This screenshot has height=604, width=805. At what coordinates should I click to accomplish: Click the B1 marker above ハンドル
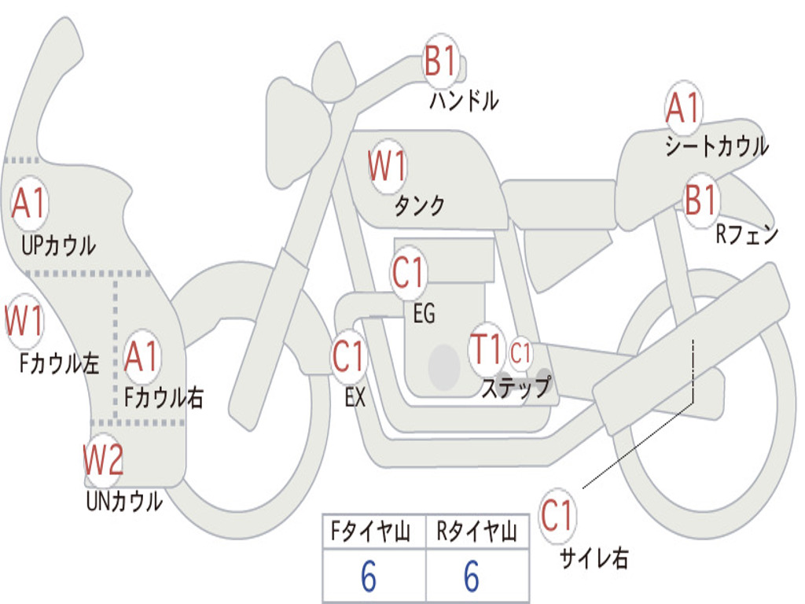pyautogui.click(x=440, y=60)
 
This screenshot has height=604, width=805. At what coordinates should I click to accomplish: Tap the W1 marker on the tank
pyautogui.click(x=388, y=166)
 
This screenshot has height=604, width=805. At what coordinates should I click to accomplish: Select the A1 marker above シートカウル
pyautogui.click(x=683, y=107)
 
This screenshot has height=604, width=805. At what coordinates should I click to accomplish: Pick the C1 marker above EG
pyautogui.click(x=409, y=272)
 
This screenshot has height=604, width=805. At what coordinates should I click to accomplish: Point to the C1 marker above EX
pyautogui.click(x=348, y=356)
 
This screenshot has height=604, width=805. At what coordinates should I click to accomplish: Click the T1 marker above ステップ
pyautogui.click(x=486, y=349)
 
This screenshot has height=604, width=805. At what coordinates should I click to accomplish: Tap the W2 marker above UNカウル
pyautogui.click(x=103, y=459)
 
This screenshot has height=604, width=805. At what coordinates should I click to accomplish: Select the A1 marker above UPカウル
pyautogui.click(x=30, y=203)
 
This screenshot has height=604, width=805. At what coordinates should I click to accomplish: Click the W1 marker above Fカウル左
pyautogui.click(x=24, y=320)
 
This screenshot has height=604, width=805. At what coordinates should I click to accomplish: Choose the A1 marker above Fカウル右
pyautogui.click(x=142, y=356)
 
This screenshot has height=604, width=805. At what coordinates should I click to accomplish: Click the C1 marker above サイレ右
pyautogui.click(x=557, y=515)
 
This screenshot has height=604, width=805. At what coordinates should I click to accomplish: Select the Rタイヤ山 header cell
pyautogui.click(x=477, y=532)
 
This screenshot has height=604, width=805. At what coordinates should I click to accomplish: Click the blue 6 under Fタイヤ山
pyautogui.click(x=369, y=576)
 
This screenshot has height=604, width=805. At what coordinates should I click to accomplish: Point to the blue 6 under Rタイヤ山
pyautogui.click(x=472, y=576)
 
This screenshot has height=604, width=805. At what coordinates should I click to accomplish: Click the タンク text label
pyautogui.click(x=420, y=205)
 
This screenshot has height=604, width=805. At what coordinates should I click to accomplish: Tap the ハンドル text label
pyautogui.click(x=464, y=100)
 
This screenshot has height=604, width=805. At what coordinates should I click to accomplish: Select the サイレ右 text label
pyautogui.click(x=594, y=558)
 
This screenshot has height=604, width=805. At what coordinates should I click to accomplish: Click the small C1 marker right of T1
pyautogui.click(x=520, y=353)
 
